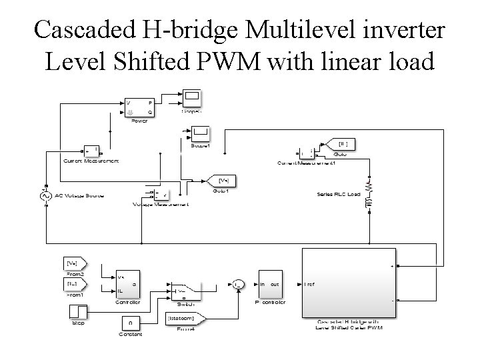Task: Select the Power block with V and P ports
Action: click(x=141, y=108)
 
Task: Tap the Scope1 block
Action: click(x=201, y=133)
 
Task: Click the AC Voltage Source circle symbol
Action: click(x=46, y=197)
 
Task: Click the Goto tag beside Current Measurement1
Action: click(x=340, y=144)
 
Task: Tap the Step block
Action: click(x=79, y=311)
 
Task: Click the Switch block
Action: click(x=181, y=291)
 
